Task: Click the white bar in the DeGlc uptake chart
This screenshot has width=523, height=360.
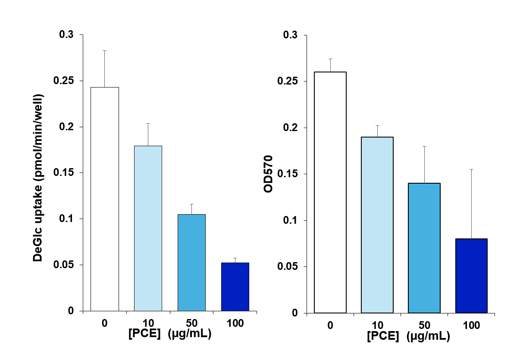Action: tap(105, 199)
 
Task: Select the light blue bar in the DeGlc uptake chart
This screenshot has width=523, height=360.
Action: tap(148, 228)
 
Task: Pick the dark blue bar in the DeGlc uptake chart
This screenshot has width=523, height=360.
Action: tap(235, 286)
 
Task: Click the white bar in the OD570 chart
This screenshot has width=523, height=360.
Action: tap(330, 192)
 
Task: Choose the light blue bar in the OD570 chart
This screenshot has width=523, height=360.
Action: tap(377, 225)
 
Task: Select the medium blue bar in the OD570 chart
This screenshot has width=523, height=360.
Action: tap(424, 248)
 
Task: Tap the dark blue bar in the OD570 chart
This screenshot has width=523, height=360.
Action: tap(471, 275)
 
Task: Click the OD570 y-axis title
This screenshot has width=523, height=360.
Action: tap(269, 174)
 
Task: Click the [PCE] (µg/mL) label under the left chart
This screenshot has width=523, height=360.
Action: tap(170, 334)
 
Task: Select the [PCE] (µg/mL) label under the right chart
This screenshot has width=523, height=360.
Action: tap(408, 336)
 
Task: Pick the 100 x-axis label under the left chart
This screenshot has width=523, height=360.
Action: tap(235, 323)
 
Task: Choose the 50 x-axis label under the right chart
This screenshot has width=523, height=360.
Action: tap(424, 326)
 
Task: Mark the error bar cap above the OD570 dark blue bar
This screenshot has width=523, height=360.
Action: tap(471, 169)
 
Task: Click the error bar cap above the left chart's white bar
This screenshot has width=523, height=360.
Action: tap(105, 50)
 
